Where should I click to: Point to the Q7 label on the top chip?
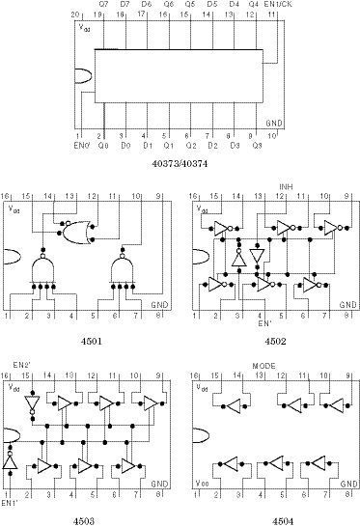[x=103, y=5]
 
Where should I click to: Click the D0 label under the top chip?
[x=125, y=146]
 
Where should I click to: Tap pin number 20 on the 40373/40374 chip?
[x=77, y=15]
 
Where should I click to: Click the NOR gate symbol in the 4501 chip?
[x=74, y=231]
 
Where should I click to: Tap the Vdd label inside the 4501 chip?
[x=14, y=208]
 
